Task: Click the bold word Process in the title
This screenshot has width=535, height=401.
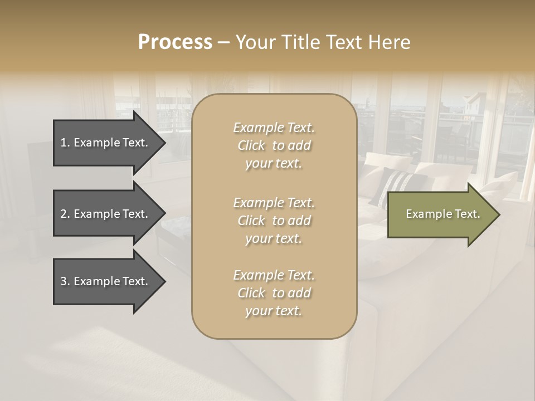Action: [175, 42]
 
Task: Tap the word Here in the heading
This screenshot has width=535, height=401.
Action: [390, 42]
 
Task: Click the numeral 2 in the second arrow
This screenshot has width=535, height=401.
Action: [64, 214]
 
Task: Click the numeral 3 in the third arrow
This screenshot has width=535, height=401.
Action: [64, 281]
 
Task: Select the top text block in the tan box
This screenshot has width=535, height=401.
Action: [274, 145]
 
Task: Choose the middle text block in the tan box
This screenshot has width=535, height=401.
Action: [274, 220]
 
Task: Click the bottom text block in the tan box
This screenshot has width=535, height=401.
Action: [274, 293]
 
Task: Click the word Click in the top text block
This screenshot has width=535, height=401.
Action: [251, 145]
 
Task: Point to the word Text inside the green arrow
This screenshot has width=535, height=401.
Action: [466, 214]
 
